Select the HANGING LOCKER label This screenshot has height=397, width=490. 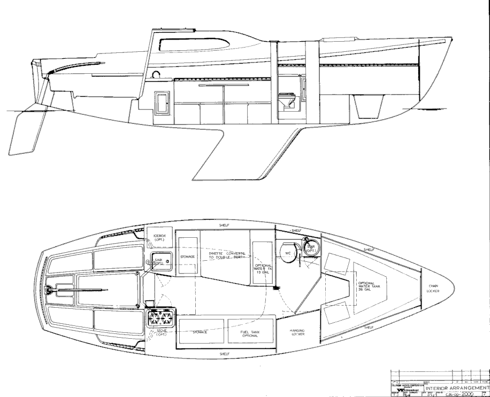click(x=297, y=332)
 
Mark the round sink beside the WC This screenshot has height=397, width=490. click(x=310, y=247)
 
